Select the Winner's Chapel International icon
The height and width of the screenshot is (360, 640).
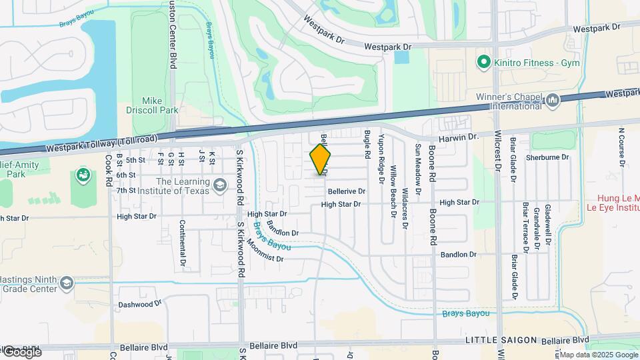coord(552,100)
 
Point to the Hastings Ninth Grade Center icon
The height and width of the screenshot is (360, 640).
coord(66,283)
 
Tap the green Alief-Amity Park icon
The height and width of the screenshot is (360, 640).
coord(84,175)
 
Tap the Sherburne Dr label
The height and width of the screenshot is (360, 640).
coord(546,157)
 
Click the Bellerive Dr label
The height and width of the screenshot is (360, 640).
coord(346,191)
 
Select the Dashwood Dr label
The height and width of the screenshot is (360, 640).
coord(140,304)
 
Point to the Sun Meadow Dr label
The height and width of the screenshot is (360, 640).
coord(418,169)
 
